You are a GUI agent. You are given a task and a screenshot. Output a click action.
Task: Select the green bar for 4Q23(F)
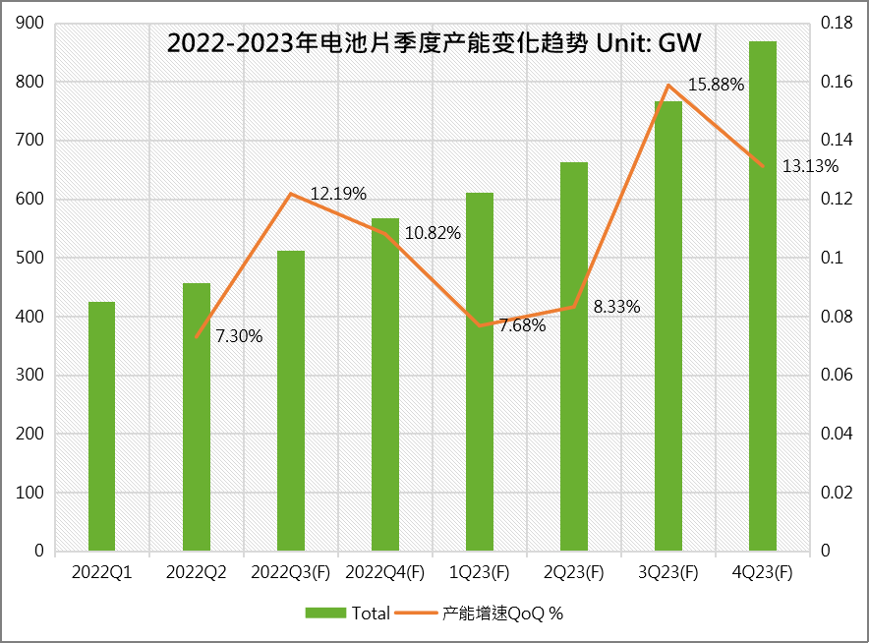pos(763,296)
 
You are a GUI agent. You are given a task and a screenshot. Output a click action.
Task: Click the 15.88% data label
pos(716,85)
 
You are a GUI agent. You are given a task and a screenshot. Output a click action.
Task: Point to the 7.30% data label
pos(239,336)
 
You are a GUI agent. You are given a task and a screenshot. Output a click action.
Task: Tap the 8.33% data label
pos(616,307)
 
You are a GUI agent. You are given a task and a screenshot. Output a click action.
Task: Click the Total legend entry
pos(348,613)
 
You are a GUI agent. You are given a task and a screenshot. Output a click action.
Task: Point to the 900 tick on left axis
pos(31,24)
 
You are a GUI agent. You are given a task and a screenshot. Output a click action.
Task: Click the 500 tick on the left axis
pos(31,258)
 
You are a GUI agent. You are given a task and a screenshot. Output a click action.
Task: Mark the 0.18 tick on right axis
pos(838,24)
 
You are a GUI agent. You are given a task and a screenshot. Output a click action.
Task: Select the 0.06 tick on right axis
pos(838,376)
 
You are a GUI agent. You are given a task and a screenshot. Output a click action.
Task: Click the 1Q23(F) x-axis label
pos(480,572)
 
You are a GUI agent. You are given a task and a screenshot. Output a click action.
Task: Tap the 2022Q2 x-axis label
pos(196,572)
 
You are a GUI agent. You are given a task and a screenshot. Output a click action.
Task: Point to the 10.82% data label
pos(433,234)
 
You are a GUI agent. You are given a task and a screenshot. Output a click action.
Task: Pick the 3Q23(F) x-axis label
pos(668,572)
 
